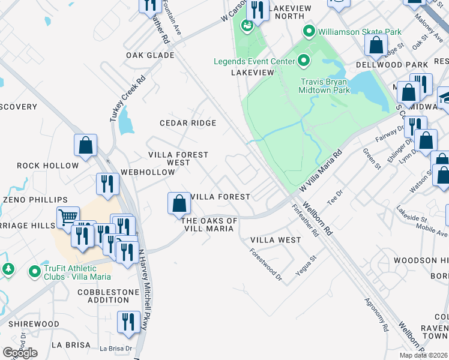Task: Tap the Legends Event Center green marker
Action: pyautogui.click(x=304, y=61)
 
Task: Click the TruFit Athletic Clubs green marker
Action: pyautogui.click(x=35, y=272)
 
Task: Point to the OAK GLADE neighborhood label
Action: pyautogui.click(x=150, y=55)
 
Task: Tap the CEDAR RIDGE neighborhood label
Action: pyautogui.click(x=187, y=123)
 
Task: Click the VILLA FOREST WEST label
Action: pyautogui.click(x=178, y=158)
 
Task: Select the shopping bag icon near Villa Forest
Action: pyautogui.click(x=179, y=203)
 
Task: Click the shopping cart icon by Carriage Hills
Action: pyautogui.click(x=68, y=217)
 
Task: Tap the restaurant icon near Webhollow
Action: pyautogui.click(x=107, y=184)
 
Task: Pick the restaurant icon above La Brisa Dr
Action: pyautogui.click(x=128, y=322)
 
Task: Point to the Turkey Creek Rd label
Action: pyautogui.click(x=128, y=99)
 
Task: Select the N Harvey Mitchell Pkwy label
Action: pyautogui.click(x=143, y=290)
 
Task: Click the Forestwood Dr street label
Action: pyautogui.click(x=266, y=265)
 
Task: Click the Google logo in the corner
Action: pyautogui.click(x=20, y=353)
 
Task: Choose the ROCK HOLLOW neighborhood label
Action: pyautogui.click(x=47, y=166)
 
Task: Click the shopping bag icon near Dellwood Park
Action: pyautogui.click(x=375, y=44)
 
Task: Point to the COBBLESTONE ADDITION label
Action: pyautogui.click(x=104, y=296)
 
